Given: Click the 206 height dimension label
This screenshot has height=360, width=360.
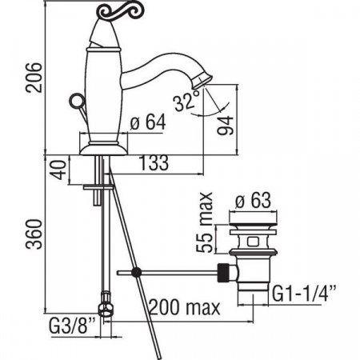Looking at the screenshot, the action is pyautogui.click(x=34, y=78).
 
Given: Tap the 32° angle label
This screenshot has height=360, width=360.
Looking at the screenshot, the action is pyautogui.click(x=187, y=101).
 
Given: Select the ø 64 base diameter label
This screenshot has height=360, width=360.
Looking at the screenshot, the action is pyautogui.click(x=148, y=122).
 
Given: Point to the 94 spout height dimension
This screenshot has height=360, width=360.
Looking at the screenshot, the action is pyautogui.click(x=226, y=126).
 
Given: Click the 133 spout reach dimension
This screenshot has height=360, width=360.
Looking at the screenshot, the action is pyautogui.click(x=154, y=162).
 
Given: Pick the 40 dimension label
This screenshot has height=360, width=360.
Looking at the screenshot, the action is pyautogui.click(x=58, y=170).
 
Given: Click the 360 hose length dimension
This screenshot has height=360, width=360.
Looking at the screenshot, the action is pyautogui.click(x=34, y=234).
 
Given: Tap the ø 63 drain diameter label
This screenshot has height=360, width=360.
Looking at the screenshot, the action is pyautogui.click(x=253, y=200).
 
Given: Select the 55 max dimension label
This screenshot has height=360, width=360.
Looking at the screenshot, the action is pyautogui.click(x=205, y=222).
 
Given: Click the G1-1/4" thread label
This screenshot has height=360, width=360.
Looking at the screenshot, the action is pyautogui.click(x=304, y=294).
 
